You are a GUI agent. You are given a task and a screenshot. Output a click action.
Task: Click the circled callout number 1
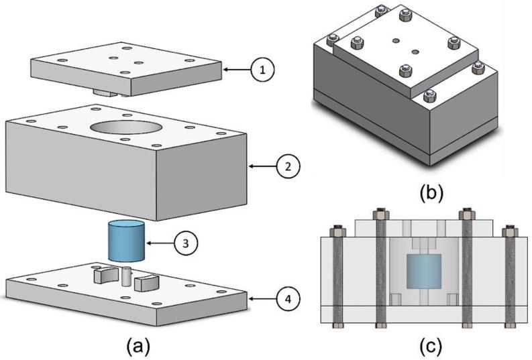[263, 69]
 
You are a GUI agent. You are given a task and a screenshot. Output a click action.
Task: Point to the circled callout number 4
[288, 297]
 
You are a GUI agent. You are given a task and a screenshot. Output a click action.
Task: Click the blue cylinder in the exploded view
[126, 241]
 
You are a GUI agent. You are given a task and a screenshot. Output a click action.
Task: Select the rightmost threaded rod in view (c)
[509, 278]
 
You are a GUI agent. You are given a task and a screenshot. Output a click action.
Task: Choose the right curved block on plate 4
[147, 282]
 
